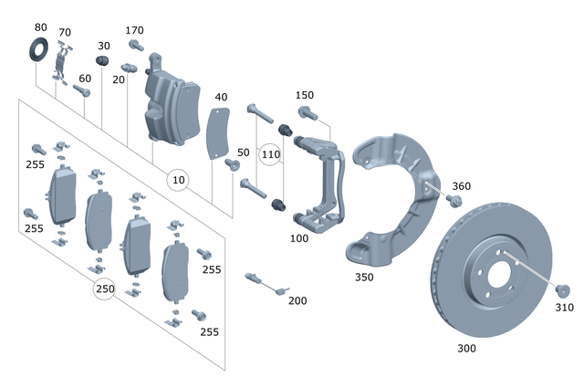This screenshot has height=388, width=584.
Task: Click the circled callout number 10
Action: (x=180, y=180)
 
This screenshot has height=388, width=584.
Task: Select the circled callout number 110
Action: (x=271, y=155)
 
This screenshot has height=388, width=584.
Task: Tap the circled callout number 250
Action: (x=106, y=289)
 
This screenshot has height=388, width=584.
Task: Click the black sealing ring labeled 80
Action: (x=40, y=48)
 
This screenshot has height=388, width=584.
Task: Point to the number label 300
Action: (x=466, y=348)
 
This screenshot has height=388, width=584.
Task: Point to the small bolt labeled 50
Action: (x=231, y=164)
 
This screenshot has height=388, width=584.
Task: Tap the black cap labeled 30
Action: (x=103, y=61)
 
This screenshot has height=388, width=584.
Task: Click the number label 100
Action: (x=297, y=238)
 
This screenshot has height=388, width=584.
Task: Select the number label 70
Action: (x=64, y=32)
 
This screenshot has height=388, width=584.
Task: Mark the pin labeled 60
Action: (x=77, y=91)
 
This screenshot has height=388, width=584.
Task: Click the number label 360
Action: (x=462, y=186)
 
